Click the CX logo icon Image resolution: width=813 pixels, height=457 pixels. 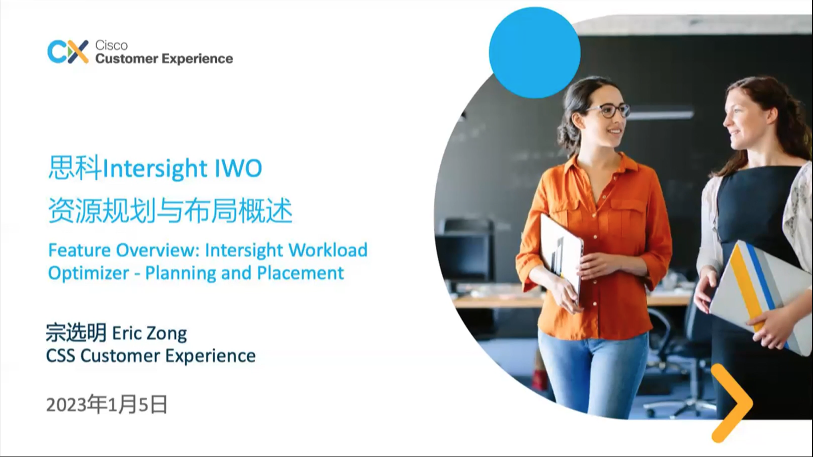tap(68, 51)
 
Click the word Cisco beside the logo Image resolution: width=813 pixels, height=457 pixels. tap(111, 45)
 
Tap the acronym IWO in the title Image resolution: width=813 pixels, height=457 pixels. tap(238, 168)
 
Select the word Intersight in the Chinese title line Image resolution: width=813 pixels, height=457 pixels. tap(155, 168)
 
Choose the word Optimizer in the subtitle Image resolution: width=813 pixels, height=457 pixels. tap(88, 273)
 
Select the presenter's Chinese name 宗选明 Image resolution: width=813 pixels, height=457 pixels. tap(76, 332)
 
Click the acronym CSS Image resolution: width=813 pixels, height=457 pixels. tap(60, 355)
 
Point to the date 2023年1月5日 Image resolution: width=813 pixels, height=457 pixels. tap(107, 404)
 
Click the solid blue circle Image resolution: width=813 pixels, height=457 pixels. tap(535, 52)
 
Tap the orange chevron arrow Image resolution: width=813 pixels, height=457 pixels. tap(731, 403)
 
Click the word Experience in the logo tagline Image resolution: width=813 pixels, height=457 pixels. tap(198, 59)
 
